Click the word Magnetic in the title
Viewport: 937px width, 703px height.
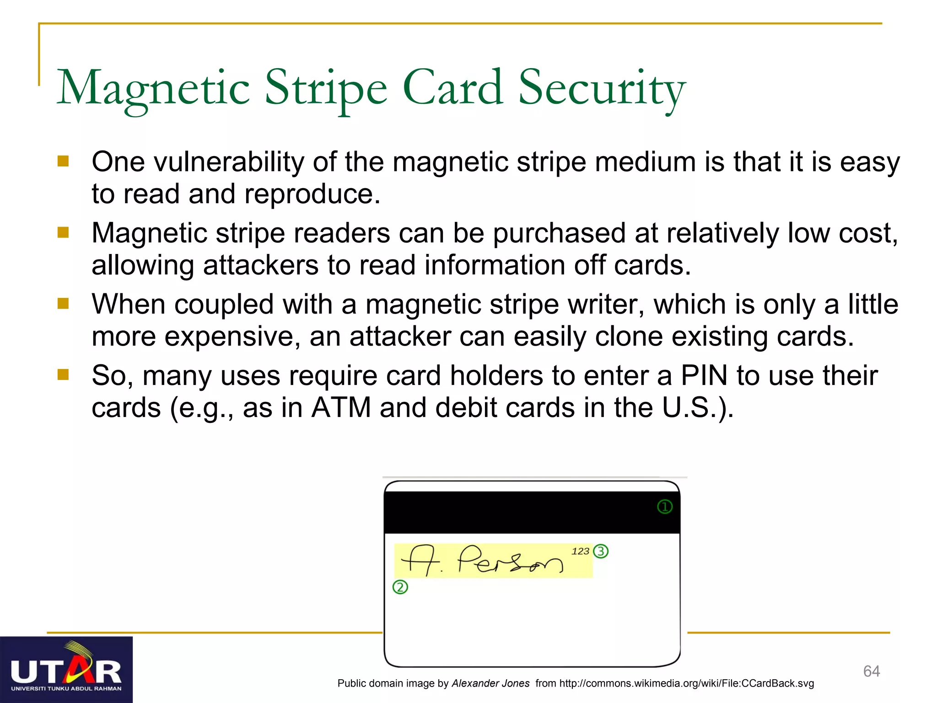point(153,88)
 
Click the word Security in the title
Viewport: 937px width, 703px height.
point(602,88)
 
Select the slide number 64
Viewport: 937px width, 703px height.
point(871,671)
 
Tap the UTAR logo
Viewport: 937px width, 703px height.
point(66,670)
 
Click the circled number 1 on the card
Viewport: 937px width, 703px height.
point(664,507)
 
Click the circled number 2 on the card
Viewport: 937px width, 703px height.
point(400,587)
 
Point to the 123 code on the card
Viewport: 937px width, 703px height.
point(580,551)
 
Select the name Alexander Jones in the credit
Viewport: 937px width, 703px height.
point(490,683)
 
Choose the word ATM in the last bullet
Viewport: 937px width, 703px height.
point(341,407)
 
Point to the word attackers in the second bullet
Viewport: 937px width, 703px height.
point(260,265)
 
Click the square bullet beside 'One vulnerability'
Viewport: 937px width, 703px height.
point(63,161)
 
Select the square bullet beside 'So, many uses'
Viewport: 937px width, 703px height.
point(63,375)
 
